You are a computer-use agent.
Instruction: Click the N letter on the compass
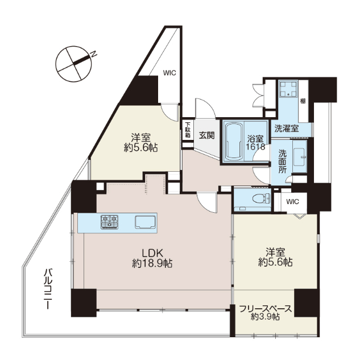click(x=93, y=54)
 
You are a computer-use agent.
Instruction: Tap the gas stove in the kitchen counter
click(x=110, y=222)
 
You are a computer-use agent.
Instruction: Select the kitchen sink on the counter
click(x=146, y=222)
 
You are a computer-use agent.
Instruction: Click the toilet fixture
click(x=262, y=198)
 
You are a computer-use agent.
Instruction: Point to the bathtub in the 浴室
click(x=234, y=141)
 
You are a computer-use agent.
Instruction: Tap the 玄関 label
click(x=206, y=135)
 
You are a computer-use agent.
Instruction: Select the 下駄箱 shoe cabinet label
click(x=188, y=130)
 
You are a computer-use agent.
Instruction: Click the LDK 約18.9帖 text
click(x=152, y=258)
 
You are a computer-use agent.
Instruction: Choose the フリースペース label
click(x=265, y=309)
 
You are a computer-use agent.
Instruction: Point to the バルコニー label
click(x=48, y=288)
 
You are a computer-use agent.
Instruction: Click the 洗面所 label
click(x=283, y=162)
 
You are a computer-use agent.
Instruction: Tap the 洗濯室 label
click(x=287, y=129)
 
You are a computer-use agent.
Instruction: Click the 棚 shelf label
click(x=303, y=101)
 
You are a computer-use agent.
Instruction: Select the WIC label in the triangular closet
click(x=169, y=73)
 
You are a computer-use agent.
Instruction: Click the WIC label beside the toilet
click(x=292, y=202)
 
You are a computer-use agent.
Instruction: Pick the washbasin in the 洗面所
click(x=299, y=156)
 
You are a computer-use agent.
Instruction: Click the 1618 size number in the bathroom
click(x=256, y=147)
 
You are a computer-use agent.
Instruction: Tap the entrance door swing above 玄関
click(x=205, y=108)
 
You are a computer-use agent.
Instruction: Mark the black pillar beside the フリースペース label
click(x=307, y=303)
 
